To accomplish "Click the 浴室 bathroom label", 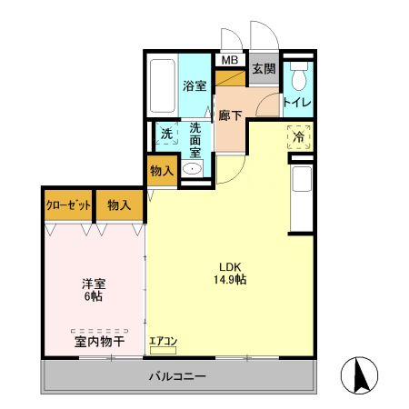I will [195, 86].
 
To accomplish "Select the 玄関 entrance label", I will [264, 69].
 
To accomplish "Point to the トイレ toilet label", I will [297, 103].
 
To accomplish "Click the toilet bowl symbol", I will [297, 72].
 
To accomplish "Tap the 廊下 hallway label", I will [231, 115].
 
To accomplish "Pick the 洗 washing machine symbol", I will [166, 134].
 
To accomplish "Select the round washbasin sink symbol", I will [193, 169].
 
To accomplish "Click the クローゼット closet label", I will [69, 204].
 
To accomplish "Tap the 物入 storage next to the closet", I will [119, 204].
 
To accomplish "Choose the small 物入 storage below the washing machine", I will [162, 170].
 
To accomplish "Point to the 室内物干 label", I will [99, 341].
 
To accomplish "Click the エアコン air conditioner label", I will [163, 341].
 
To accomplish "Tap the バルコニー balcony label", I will [178, 375].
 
